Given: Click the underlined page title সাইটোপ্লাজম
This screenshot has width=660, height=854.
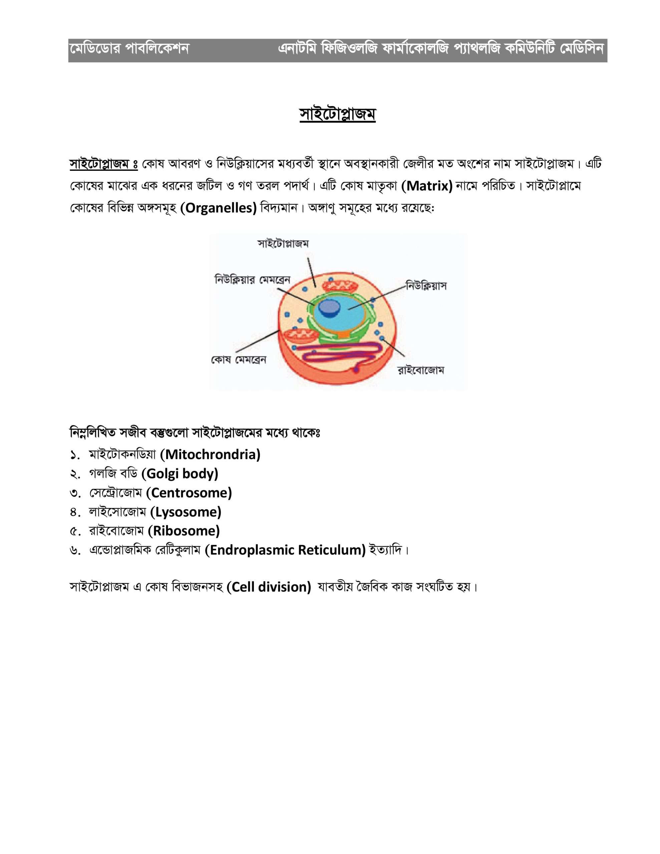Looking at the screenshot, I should click(337, 114).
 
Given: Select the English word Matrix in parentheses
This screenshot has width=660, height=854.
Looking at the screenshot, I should click(427, 186).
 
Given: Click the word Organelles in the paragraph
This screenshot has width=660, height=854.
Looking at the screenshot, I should click(218, 208).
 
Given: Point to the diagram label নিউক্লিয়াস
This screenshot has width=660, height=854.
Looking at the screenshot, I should click(426, 286).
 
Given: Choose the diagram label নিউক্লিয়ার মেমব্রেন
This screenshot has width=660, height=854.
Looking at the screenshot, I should click(252, 280).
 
